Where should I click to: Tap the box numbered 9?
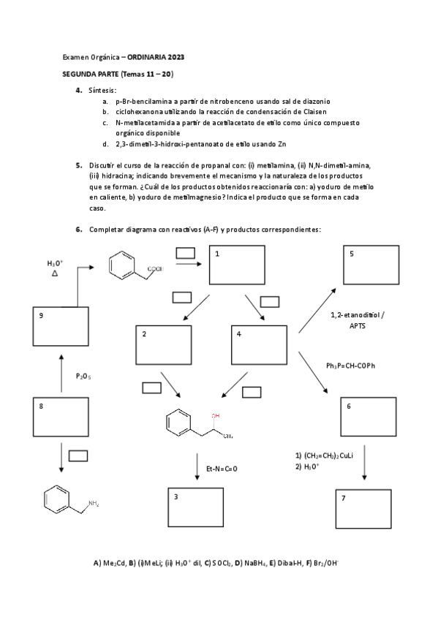coord(62,327)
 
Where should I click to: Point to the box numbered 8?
coord(62,416)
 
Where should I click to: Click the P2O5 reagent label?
coord(83,376)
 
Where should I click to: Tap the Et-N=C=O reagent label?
coord(222,468)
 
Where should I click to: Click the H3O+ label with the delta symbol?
coord(56,268)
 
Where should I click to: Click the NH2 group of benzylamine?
coord(94,503)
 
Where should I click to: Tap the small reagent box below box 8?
coord(78,455)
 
